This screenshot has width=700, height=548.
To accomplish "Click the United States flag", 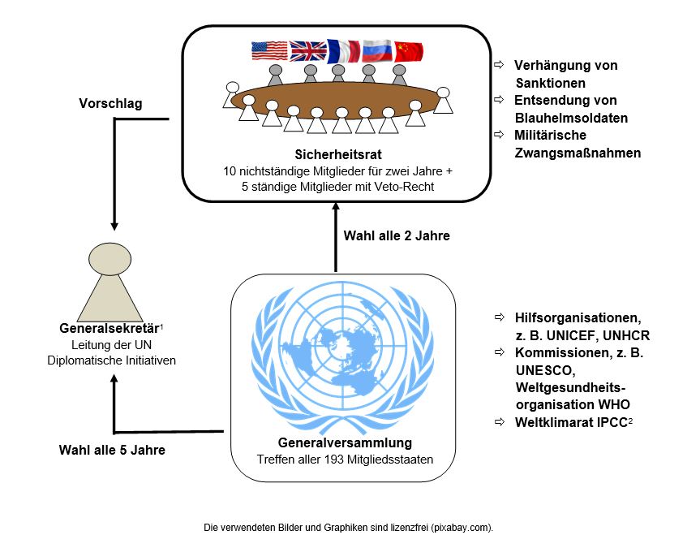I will coord(270,51).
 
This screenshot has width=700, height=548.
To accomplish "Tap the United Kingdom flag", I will coord(307,51).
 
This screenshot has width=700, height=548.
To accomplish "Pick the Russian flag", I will coord(377,51).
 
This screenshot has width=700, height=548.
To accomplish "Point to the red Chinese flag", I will coord(409,51).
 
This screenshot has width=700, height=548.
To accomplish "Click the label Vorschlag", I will coord(110,104).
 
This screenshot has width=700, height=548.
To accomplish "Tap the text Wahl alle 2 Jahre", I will coord(397,236).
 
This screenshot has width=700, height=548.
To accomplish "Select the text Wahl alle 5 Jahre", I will coord(112,449).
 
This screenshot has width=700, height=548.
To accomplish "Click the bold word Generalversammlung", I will coord(345,443).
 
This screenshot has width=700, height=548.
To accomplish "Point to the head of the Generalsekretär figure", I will coord(109,260).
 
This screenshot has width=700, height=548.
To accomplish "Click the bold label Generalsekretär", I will coord(109,329).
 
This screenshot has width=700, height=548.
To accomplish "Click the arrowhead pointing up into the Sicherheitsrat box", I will coord(335,206).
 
